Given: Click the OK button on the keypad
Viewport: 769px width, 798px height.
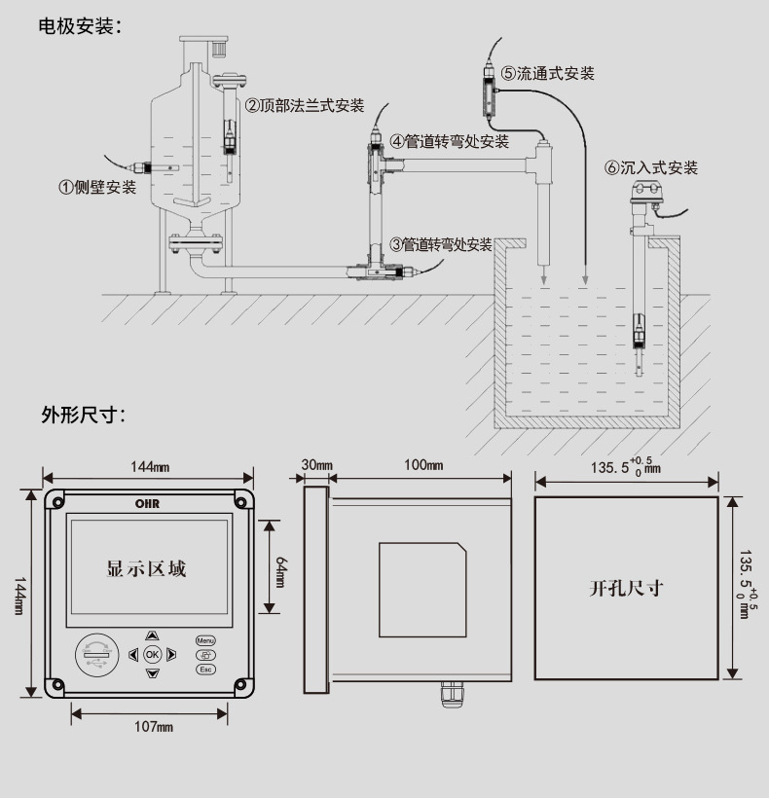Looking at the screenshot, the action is point(152,655).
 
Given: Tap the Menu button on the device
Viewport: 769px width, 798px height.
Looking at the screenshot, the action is point(205,640).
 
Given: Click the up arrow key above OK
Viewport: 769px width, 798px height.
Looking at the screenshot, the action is point(152,635).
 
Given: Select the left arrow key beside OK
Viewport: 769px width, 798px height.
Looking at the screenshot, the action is point(133,655).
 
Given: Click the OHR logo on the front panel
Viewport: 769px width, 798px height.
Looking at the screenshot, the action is point(148,504).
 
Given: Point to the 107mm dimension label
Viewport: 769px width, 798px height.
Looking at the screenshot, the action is point(154,726).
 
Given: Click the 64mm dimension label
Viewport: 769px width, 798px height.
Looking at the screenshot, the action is point(280,572).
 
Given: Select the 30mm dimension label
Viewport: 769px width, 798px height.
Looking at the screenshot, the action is point(316,464).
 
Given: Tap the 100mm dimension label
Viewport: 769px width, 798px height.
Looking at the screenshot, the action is point(423,464).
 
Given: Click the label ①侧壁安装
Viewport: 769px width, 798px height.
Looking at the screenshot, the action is point(97,187).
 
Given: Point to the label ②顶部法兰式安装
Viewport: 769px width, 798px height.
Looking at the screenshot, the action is point(305,105).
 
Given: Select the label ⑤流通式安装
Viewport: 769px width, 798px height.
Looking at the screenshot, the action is point(548,73).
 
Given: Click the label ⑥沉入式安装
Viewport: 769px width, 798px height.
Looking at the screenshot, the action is point(651,167).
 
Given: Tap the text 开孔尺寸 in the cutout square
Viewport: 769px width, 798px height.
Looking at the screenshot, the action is point(627,589).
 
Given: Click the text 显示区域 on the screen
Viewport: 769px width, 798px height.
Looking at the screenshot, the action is point(147,568).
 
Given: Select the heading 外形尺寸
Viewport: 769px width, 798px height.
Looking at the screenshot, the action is point(83,415).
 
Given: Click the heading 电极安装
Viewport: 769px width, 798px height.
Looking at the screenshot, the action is point(81,26).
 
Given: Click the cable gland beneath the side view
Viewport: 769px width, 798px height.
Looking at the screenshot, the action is point(452,694).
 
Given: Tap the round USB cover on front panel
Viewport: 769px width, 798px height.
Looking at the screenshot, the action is point(97,655).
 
